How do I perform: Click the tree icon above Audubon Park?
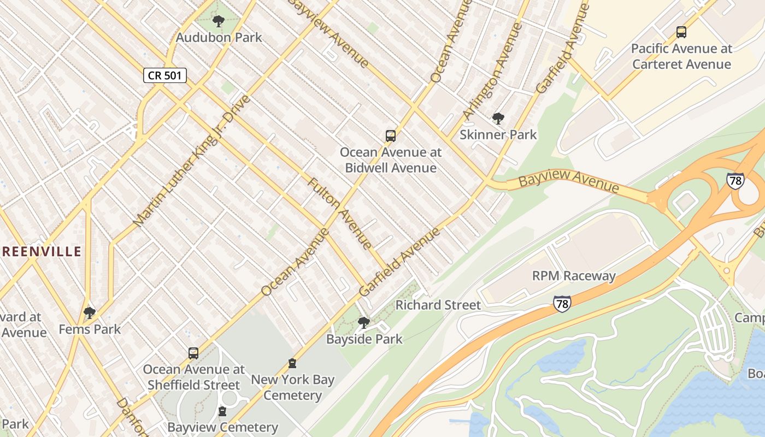218,22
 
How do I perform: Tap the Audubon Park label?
219,38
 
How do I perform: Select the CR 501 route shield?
165,75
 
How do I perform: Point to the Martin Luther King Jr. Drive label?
191,161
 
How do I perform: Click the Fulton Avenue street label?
340,214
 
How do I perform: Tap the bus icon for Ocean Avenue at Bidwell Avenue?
390,136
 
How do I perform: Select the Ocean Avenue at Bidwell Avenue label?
390,160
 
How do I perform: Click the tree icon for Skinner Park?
498,119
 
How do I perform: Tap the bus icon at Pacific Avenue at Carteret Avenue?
681,32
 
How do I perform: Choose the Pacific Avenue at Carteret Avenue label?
681,56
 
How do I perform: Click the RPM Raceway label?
574,276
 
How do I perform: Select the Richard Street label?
438,305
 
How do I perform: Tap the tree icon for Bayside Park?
363,323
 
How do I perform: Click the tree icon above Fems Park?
90,313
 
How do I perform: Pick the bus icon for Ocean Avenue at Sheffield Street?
193,353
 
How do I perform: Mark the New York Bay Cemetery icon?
292,363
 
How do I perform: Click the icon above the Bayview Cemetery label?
222,411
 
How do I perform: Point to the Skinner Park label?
498,134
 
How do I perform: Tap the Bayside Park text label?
364,339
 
